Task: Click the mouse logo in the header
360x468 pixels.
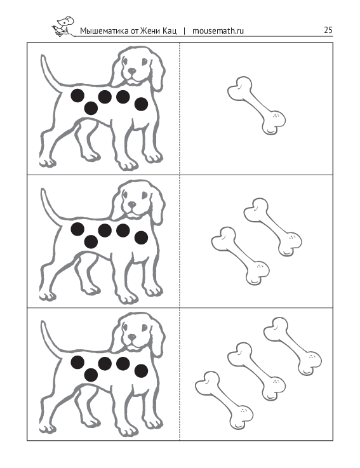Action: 63,26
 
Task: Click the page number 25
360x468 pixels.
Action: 328,30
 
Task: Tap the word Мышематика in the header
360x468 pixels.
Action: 105,30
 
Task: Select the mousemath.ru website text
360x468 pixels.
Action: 218,30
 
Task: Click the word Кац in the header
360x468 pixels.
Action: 170,31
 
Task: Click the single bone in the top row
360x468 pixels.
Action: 257,105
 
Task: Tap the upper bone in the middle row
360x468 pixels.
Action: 272,227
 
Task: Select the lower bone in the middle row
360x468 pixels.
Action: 240,256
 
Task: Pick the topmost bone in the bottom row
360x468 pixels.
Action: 293,346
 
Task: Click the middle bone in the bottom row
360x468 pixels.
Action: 257,371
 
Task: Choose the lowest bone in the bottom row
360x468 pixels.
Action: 224,400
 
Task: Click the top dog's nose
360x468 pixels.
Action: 131,71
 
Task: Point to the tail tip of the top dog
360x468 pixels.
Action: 43,56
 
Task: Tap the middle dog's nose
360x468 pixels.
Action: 131,204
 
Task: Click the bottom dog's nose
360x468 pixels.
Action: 131,337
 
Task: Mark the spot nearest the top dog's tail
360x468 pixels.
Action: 77,95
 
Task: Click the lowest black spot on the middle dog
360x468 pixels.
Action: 91,241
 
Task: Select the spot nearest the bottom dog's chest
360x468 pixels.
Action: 141,371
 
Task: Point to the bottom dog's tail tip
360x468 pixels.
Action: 43,323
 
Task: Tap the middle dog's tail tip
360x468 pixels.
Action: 43,190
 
